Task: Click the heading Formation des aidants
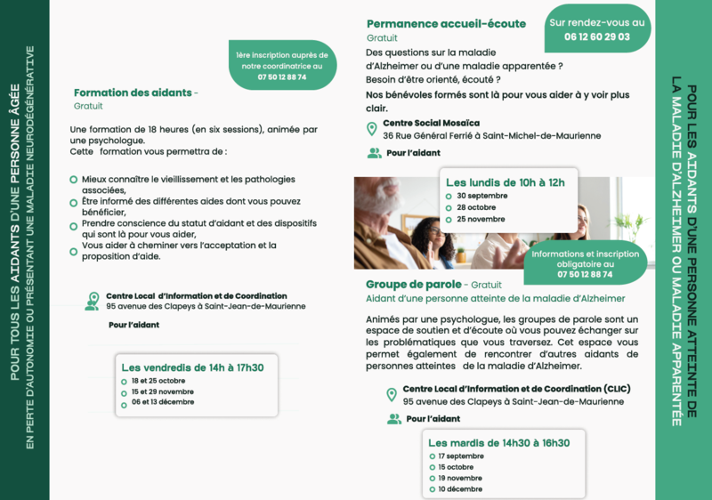[x=133, y=93]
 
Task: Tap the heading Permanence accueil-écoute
[x=446, y=24]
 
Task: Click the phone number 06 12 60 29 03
[x=596, y=37]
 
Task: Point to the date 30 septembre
[x=481, y=196]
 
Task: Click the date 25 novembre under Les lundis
[x=481, y=219]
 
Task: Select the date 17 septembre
[x=460, y=456]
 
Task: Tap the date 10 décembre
[x=460, y=488]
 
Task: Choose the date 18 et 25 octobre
[x=158, y=381]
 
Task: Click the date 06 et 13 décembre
[x=161, y=402]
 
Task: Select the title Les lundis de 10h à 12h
[x=505, y=182]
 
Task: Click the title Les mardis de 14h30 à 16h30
[x=498, y=442]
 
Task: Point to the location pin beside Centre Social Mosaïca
[x=372, y=129]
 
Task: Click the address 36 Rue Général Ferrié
[x=491, y=136]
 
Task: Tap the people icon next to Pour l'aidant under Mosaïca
[x=374, y=153]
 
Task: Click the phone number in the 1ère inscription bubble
[x=281, y=77]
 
